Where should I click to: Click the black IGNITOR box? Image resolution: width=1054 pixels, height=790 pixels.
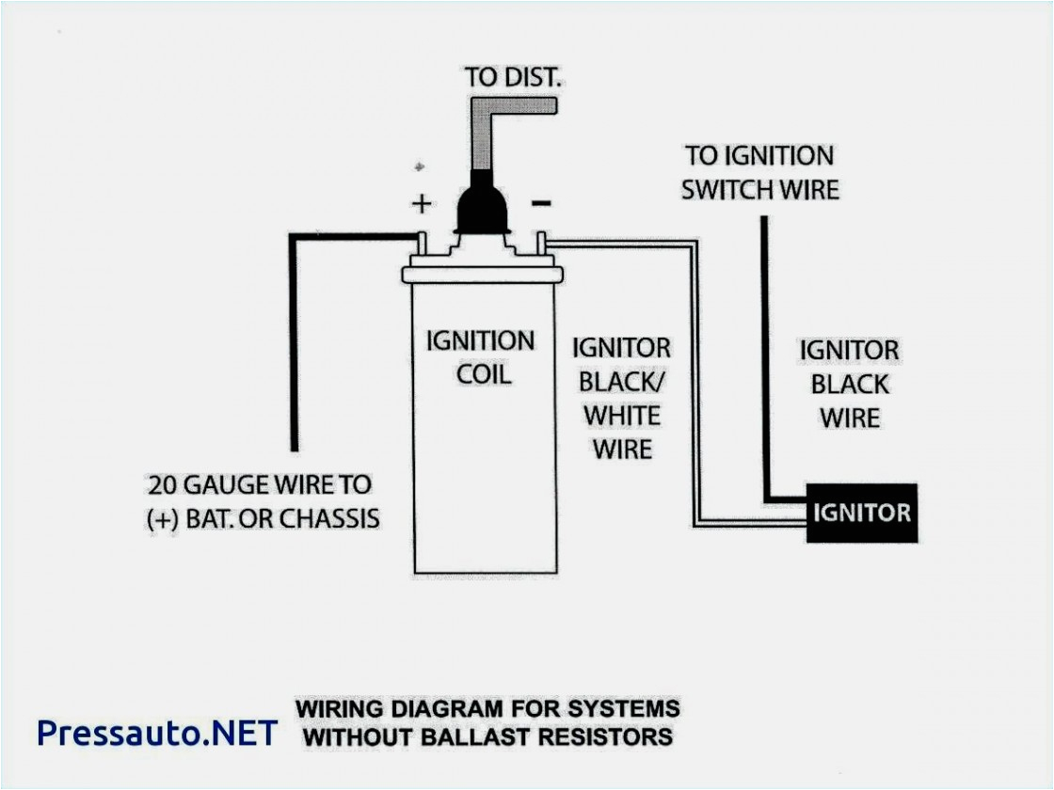pyautogui.click(x=861, y=513)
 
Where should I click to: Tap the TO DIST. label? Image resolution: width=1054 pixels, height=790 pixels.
pyautogui.click(x=514, y=77)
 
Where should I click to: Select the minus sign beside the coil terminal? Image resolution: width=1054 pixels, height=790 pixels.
pyautogui.click(x=542, y=203)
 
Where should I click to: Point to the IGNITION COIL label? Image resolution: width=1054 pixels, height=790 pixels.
pyautogui.click(x=481, y=357)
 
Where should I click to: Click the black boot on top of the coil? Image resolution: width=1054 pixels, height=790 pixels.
pyautogui.click(x=482, y=208)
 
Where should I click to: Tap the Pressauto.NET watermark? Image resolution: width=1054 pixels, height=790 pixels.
pyautogui.click(x=157, y=732)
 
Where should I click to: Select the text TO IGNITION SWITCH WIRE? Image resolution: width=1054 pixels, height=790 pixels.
pyautogui.click(x=759, y=172)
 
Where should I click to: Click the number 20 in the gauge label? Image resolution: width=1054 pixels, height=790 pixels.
pyautogui.click(x=163, y=485)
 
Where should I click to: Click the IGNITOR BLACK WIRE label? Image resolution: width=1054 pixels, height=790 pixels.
pyautogui.click(x=850, y=384)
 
